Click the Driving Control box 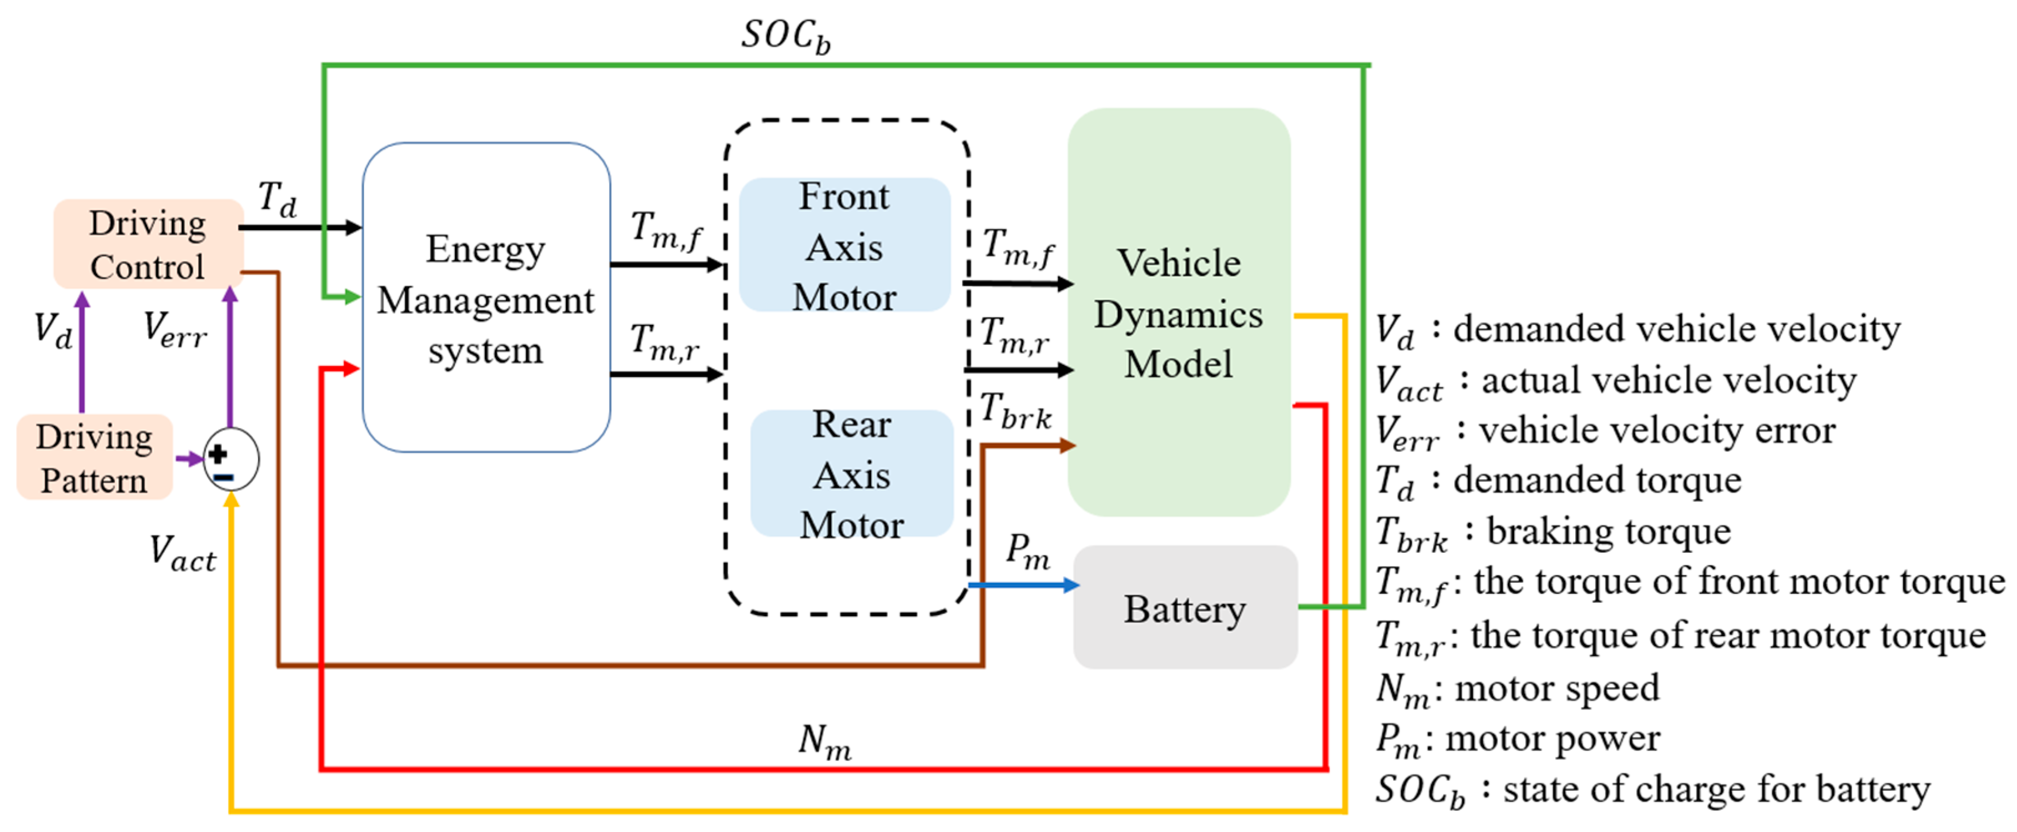pyautogui.click(x=147, y=244)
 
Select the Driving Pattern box pyautogui.click(x=94, y=458)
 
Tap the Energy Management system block pyautogui.click(x=485, y=297)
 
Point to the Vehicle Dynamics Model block pyautogui.click(x=1179, y=313)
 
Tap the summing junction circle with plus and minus pyautogui.click(x=230, y=460)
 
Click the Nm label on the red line pyautogui.click(x=824, y=740)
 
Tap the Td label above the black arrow pyautogui.click(x=277, y=200)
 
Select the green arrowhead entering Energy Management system pyautogui.click(x=351, y=296)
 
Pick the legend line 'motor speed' pyautogui.click(x=1517, y=689)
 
